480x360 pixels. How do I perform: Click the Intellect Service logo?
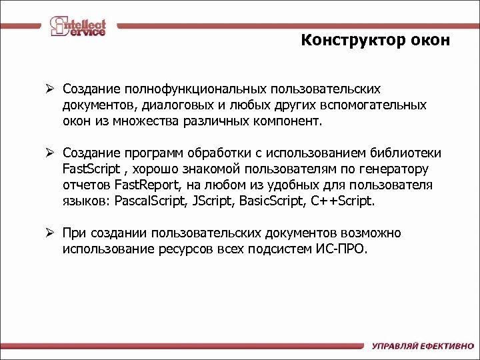(78, 26)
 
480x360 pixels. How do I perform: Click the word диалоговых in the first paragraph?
(181, 105)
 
